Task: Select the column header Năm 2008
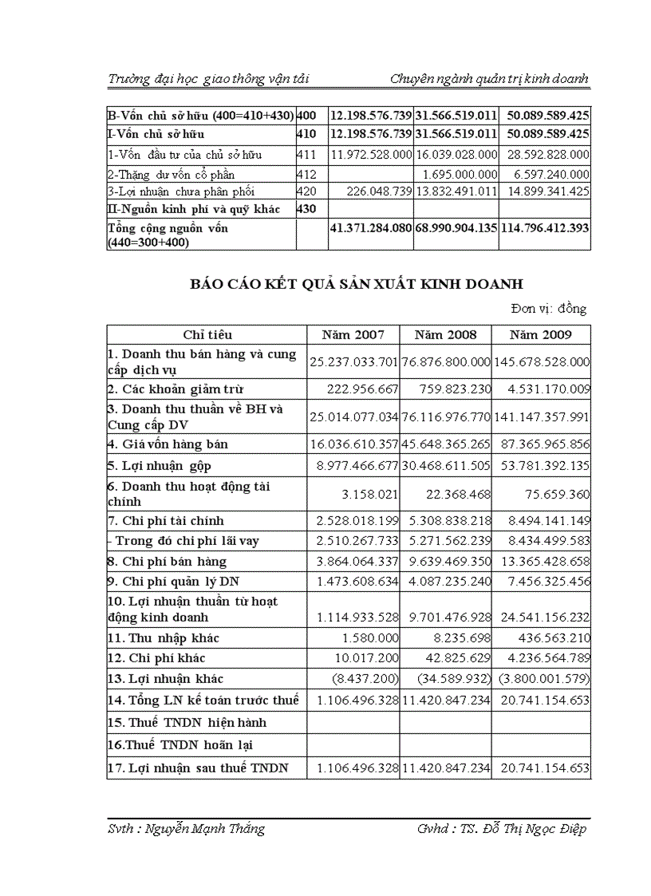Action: (x=445, y=335)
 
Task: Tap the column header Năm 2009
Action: (x=541, y=335)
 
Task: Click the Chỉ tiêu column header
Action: (x=207, y=335)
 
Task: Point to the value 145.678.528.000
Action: (x=541, y=362)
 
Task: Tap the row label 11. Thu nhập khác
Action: (x=164, y=638)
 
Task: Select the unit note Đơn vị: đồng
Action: (x=549, y=310)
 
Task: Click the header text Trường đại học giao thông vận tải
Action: (x=208, y=78)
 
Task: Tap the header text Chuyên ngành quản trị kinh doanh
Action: (x=489, y=78)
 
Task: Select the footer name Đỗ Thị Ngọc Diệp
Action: (x=523, y=829)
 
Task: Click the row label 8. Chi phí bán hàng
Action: (x=168, y=562)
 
